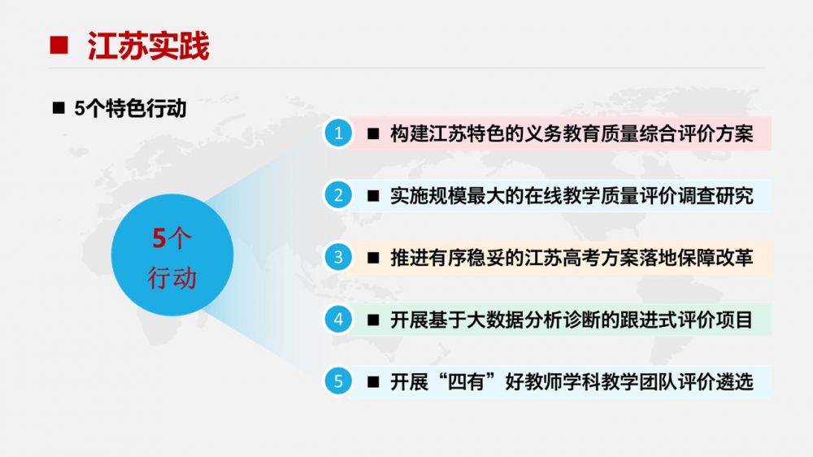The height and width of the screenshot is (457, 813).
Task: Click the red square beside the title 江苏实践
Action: (59, 45)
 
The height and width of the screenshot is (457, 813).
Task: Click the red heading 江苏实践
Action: (148, 46)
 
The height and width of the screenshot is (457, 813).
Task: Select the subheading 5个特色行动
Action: (130, 108)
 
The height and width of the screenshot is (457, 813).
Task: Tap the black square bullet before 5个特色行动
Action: (59, 108)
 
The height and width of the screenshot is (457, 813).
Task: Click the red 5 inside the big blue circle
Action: (159, 238)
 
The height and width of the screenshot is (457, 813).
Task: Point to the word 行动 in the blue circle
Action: (172, 278)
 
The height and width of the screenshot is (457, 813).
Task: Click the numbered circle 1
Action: (338, 133)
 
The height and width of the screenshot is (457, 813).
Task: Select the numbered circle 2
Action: (338, 195)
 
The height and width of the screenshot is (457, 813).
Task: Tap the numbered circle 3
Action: (338, 257)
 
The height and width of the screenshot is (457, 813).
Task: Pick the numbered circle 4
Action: (338, 319)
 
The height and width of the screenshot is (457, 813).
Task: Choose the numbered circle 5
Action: (338, 381)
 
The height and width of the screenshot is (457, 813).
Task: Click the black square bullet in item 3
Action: (373, 258)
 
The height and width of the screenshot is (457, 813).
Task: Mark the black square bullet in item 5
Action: (373, 382)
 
